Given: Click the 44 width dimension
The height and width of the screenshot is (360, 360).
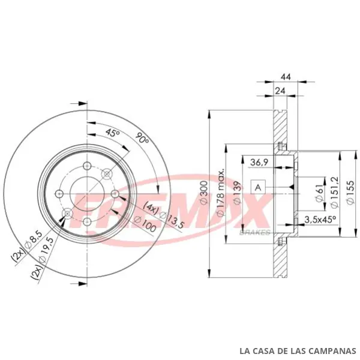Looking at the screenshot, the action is (x=286, y=77).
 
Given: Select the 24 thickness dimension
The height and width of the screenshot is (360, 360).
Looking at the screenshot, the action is (x=280, y=91).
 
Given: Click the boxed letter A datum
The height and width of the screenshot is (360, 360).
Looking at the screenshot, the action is (x=258, y=187).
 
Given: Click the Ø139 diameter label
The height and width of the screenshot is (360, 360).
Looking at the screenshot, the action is (x=237, y=193).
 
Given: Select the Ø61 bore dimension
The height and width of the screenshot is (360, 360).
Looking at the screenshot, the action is (x=319, y=193).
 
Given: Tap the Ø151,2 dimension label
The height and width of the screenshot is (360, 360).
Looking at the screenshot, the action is (x=334, y=192).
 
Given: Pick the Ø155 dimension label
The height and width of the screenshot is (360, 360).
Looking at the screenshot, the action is (x=350, y=193).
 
